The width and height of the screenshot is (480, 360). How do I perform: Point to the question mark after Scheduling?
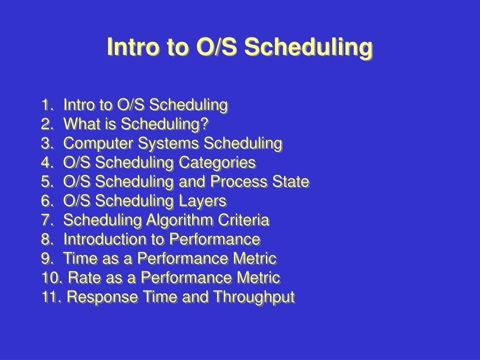click(x=205, y=124)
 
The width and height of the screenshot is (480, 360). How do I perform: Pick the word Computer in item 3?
click(x=98, y=144)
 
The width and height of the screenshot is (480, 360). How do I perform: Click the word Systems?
click(x=168, y=144)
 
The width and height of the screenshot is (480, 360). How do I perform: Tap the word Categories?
click(x=217, y=163)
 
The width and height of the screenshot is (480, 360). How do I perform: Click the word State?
click(x=291, y=181)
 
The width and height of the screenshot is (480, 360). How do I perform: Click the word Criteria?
click(x=244, y=220)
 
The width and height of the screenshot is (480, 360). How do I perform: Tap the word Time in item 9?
click(x=80, y=258)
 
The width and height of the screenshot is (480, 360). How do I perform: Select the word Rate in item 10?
click(x=84, y=277)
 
